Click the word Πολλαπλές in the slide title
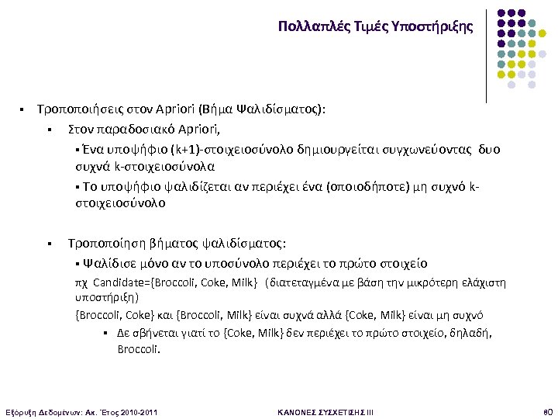click(305, 26)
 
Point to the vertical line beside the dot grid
click(487, 54)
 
